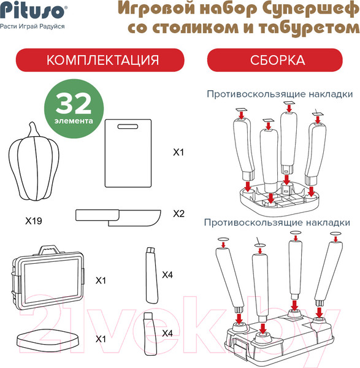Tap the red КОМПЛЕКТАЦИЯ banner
(x=100, y=60)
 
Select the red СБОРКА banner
(x=275, y=60)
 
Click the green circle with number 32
(x=74, y=109)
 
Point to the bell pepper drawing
(x=34, y=162)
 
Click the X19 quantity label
(x=34, y=221)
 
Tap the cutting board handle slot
(x=128, y=126)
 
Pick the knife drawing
(x=118, y=218)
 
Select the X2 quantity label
(x=179, y=213)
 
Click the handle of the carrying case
(x=49, y=250)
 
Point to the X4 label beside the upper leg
(x=167, y=275)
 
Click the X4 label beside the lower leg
(x=167, y=333)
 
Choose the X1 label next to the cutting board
(x=178, y=152)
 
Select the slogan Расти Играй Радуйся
(x=32, y=26)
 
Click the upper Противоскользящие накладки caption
(x=280, y=94)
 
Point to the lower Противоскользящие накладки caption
(x=277, y=223)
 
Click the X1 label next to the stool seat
(x=101, y=339)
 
